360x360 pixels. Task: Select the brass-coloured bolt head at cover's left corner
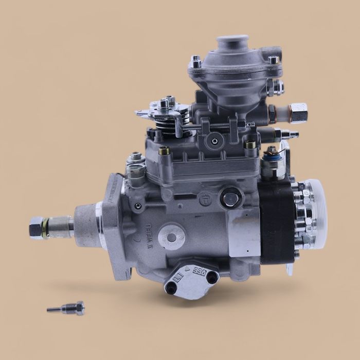pyautogui.click(x=165, y=151)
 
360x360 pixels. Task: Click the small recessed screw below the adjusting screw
pyautogui.click(x=212, y=139)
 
